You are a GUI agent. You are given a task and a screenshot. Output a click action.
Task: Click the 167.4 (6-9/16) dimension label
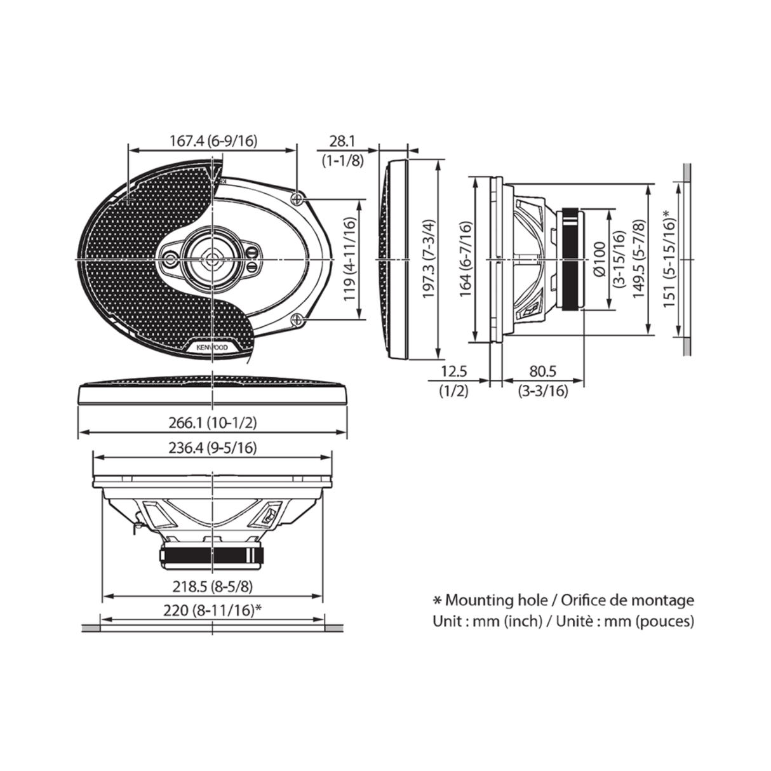tap(213, 141)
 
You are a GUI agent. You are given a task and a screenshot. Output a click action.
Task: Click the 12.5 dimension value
tap(453, 372)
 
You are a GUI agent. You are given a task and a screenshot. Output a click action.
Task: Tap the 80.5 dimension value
tap(542, 372)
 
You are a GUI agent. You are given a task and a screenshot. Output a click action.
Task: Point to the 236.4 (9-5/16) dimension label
tap(213, 448)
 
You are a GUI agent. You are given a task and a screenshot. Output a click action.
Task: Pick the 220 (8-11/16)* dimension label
tap(213, 610)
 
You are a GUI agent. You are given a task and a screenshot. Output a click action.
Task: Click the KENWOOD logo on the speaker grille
tap(213, 347)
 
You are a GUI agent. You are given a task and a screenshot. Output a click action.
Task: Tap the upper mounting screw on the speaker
tap(298, 199)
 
